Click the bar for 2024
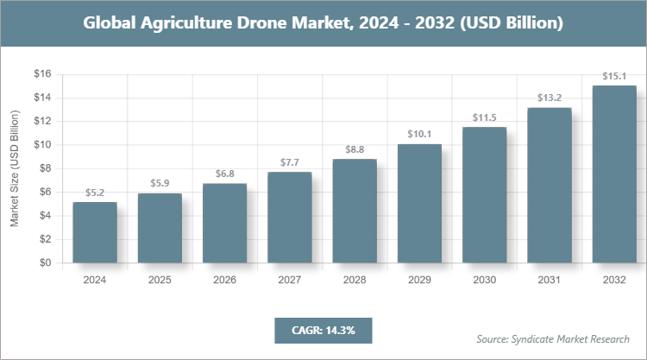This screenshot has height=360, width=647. point(95,233)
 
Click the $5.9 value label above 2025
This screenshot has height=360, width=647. point(160,183)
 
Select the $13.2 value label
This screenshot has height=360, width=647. point(549,97)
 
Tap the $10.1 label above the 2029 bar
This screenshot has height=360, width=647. point(419,134)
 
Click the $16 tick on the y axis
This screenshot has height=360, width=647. point(43,74)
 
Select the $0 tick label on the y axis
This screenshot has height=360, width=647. point(46,264)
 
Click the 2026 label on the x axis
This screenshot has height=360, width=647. point(224,280)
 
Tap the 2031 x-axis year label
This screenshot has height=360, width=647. point(549,280)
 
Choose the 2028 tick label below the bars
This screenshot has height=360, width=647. point(355,280)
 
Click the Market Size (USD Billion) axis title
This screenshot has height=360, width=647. point(15,169)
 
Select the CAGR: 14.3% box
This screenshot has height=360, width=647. point(323,330)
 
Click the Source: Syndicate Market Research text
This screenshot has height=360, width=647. point(552,338)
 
